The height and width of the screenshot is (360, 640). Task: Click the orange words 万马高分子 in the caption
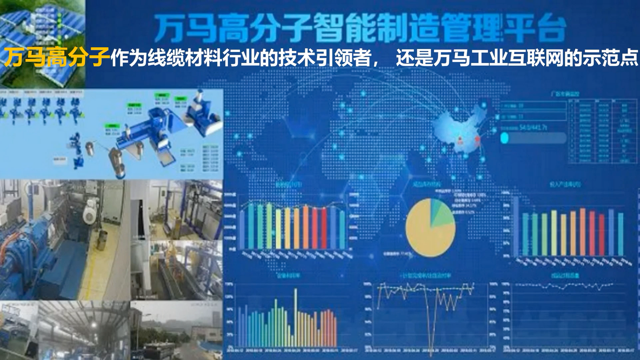coord(57,58)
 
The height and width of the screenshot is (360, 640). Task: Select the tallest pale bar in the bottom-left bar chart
coord(296,317)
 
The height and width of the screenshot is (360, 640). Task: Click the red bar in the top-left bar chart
coord(324,228)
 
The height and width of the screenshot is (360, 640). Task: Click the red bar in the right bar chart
coord(602,234)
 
